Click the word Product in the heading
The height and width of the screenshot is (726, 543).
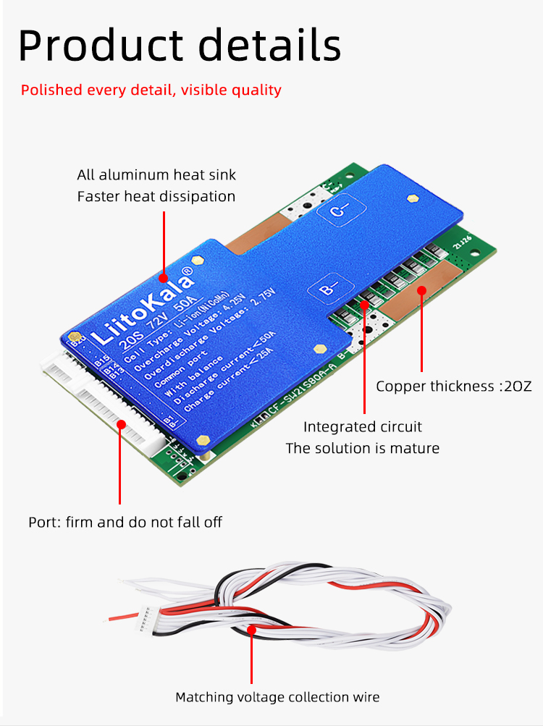(101, 45)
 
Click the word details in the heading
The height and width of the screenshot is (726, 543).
(269, 45)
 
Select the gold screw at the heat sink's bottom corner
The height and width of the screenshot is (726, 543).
(204, 439)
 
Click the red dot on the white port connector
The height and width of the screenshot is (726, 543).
(120, 424)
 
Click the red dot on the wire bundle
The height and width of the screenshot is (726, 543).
(252, 630)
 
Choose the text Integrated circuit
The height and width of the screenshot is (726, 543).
(362, 427)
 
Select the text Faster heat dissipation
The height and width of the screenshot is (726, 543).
(156, 196)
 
